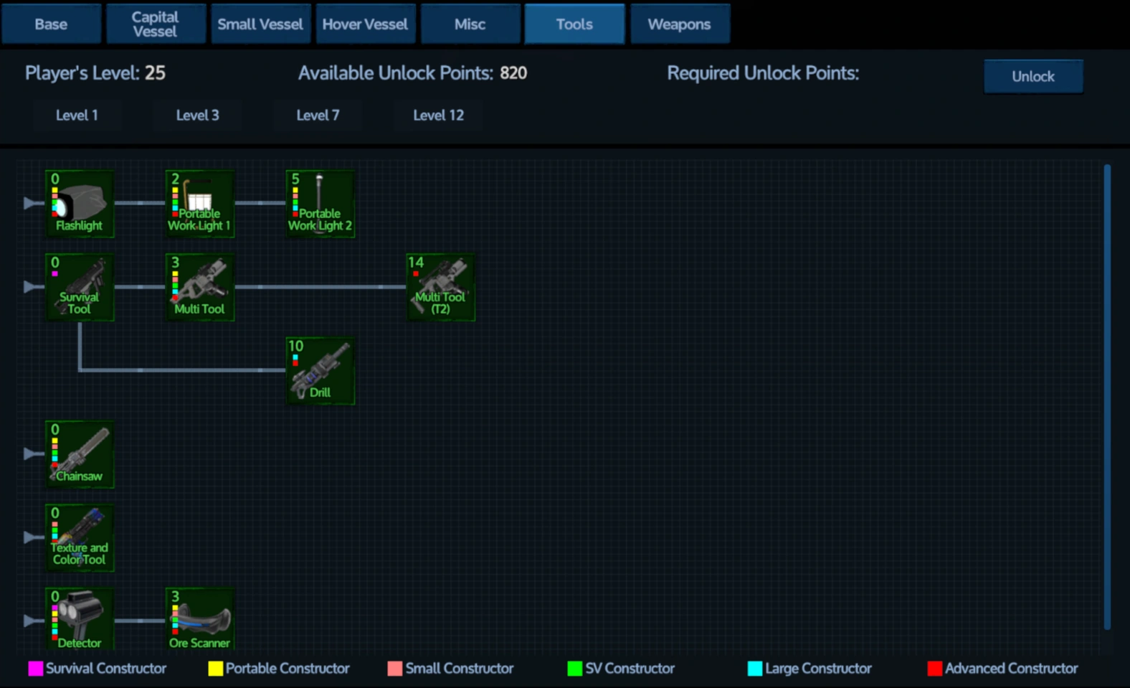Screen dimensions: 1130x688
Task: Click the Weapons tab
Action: pyautogui.click(x=679, y=24)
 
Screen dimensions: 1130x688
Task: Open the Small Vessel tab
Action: pyautogui.click(x=260, y=24)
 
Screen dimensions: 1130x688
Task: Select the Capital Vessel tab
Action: pyautogui.click(x=155, y=24)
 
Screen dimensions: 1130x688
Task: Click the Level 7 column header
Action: pyautogui.click(x=318, y=116)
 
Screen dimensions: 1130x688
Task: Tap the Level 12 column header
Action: pyautogui.click(x=438, y=116)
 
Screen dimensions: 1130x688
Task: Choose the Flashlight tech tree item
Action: pyautogui.click(x=80, y=204)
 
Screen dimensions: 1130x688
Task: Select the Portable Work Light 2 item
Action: pyautogui.click(x=320, y=204)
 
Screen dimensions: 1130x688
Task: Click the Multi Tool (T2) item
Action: pyautogui.click(x=440, y=287)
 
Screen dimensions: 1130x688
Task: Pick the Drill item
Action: pyautogui.click(x=320, y=371)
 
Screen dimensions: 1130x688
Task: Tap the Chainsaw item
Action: pyautogui.click(x=80, y=454)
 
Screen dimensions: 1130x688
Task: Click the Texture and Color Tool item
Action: pyautogui.click(x=80, y=537)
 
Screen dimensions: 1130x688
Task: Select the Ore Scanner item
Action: pyautogui.click(x=200, y=620)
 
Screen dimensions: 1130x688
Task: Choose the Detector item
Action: pyautogui.click(x=80, y=620)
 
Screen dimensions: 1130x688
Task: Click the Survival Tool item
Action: pyautogui.click(x=80, y=287)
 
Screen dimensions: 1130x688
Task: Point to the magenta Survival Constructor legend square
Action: pyautogui.click(x=35, y=669)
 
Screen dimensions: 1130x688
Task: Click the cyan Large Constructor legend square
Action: pyautogui.click(x=755, y=669)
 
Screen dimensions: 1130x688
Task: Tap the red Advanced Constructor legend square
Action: pyautogui.click(x=934, y=669)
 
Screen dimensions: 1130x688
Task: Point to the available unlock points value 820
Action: pyautogui.click(x=513, y=73)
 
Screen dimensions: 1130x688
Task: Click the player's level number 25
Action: pyautogui.click(x=155, y=73)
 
